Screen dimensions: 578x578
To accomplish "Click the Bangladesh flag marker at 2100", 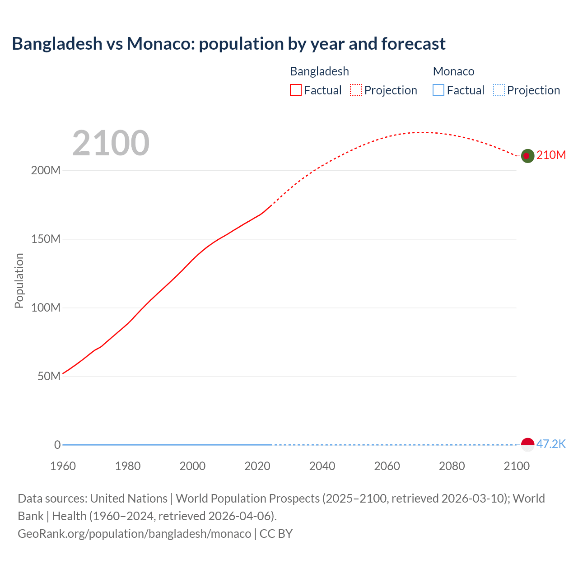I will [527, 156].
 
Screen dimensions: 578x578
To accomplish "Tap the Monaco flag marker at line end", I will [527, 444].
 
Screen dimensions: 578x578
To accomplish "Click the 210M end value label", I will [551, 155].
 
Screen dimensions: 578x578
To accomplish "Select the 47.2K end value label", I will [551, 444].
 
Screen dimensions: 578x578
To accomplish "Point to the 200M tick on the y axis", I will [46, 171].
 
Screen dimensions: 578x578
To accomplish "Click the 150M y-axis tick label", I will [46, 239].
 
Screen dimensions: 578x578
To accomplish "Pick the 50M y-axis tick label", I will [49, 377].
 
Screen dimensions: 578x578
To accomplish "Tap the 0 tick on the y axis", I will [57, 445].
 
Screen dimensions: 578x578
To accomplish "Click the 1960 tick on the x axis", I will [63, 466].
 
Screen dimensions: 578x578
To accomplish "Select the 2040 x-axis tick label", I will [322, 466].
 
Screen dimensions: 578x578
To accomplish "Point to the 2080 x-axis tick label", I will [452, 466].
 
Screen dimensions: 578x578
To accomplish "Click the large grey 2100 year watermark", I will [111, 143].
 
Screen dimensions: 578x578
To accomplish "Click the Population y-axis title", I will [19, 281].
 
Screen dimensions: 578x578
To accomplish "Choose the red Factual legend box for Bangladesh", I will [296, 90].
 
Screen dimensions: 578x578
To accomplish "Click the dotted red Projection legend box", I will [356, 90].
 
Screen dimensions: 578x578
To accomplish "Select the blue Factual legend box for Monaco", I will [438, 90].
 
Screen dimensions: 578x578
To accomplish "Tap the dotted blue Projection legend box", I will [499, 90].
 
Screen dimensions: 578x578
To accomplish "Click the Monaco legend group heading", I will [453, 71].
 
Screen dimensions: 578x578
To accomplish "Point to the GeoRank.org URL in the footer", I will [134, 534].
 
